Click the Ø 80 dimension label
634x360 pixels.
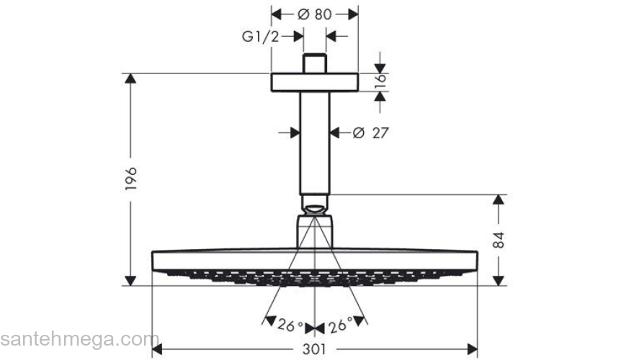point(315,14)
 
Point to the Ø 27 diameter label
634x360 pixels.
point(370,132)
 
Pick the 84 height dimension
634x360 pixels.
point(499,240)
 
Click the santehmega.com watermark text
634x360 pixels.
point(79,339)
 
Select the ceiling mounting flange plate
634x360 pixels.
point(314,81)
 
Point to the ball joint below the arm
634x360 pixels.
point(314,204)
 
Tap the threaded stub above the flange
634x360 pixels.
point(314,63)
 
